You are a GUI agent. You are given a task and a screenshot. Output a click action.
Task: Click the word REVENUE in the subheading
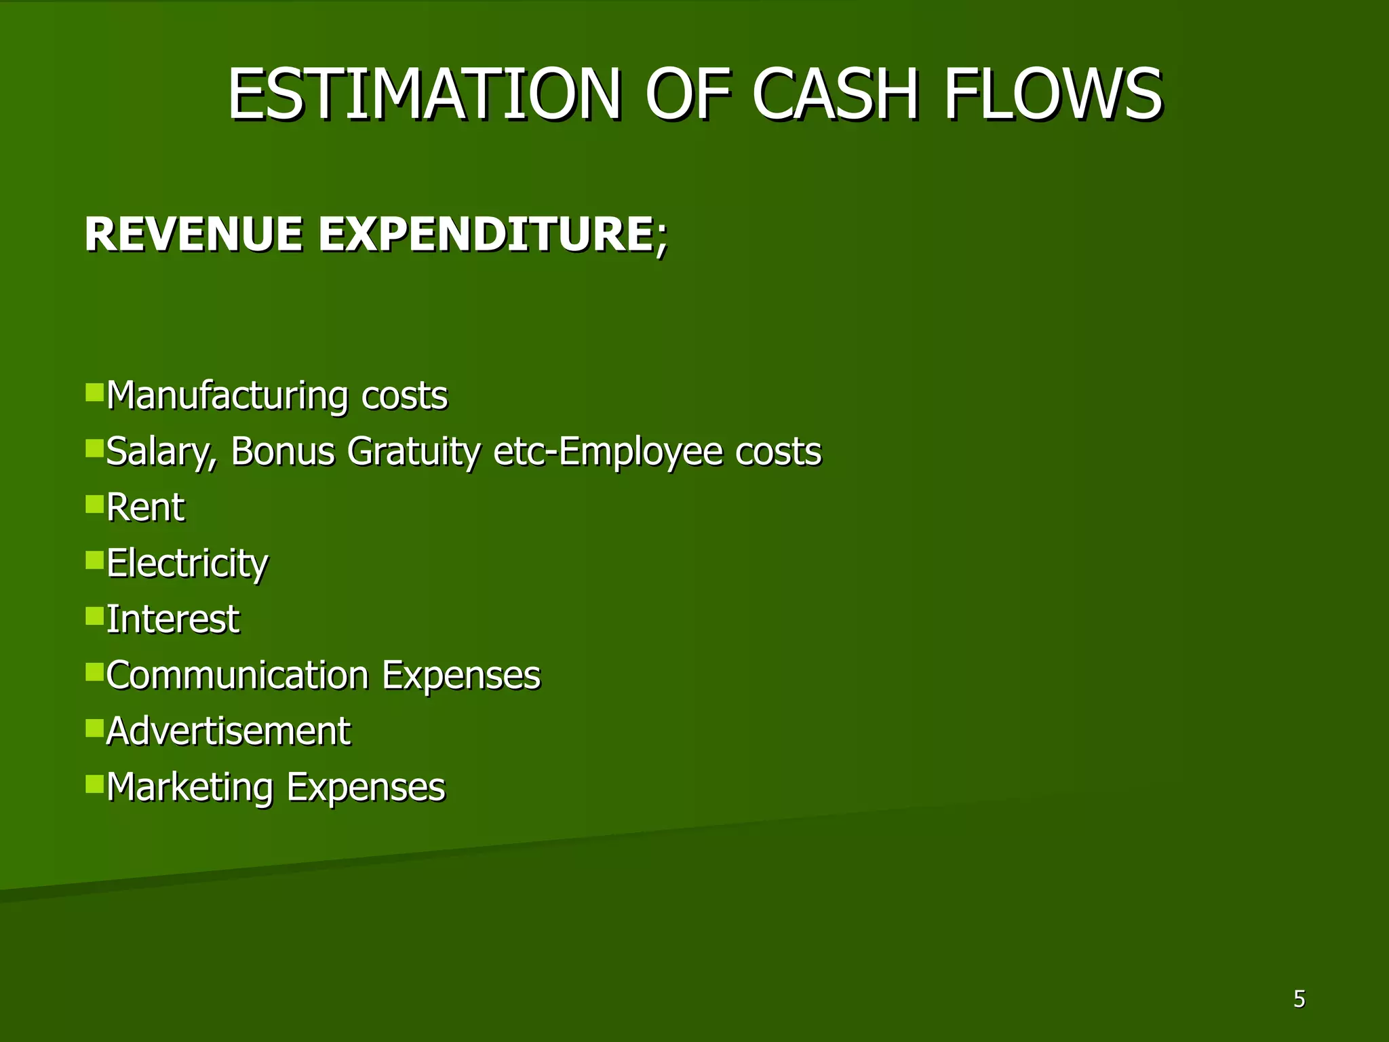(193, 234)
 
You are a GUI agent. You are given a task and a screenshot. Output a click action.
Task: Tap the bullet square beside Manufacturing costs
(94, 392)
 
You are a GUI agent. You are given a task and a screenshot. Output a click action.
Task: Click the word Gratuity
(414, 452)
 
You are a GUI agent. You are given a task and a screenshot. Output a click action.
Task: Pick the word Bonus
(283, 452)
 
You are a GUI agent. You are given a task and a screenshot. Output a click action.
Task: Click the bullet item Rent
(145, 507)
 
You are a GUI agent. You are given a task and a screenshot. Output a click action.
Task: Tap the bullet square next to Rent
(94, 504)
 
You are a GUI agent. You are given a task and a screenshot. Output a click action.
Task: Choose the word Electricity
(187, 564)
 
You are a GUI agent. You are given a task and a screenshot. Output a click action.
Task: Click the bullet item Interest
(173, 619)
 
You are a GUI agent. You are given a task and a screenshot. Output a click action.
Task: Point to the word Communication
(237, 676)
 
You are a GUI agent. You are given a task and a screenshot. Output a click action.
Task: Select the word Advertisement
(228, 731)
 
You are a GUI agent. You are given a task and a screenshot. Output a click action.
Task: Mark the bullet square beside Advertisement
(94, 728)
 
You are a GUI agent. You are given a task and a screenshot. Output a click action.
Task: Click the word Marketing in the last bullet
(190, 788)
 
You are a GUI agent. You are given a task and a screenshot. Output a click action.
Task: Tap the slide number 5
(1299, 999)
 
